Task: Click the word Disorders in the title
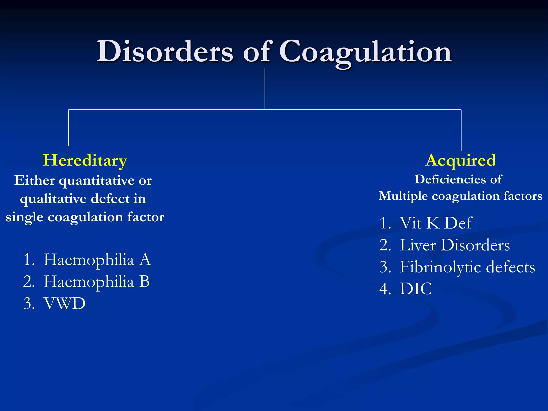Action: click(165, 52)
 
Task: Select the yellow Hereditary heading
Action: click(85, 161)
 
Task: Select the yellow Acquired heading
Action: click(461, 161)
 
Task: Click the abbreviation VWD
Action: click(64, 303)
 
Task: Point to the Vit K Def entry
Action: click(436, 223)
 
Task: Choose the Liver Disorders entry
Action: click(454, 245)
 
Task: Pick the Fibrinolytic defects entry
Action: click(467, 267)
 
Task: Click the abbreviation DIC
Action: click(415, 289)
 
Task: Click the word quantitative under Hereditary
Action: click(97, 181)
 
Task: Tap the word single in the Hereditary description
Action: click(24, 217)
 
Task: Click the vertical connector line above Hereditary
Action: click(68, 128)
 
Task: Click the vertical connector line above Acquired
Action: click(461, 130)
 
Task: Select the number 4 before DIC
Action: click(384, 289)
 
